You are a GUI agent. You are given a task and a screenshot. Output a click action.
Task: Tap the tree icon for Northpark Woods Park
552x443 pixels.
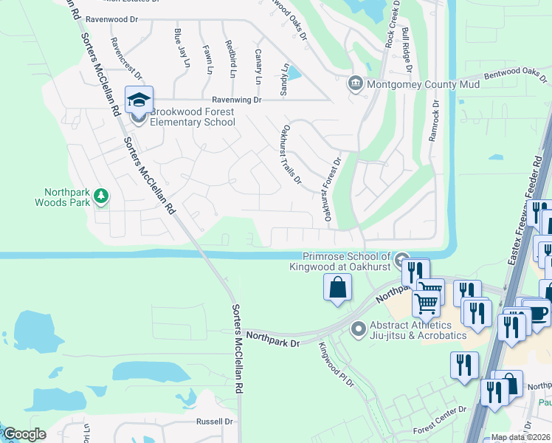pos(101,196)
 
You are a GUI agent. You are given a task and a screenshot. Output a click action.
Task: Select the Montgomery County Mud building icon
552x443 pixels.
pos(356,83)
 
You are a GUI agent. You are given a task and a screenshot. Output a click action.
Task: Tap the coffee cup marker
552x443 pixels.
pos(537,312)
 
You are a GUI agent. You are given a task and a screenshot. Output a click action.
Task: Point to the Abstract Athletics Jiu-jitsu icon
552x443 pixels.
pos(359,329)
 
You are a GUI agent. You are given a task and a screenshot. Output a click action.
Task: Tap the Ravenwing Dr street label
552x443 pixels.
pos(236,99)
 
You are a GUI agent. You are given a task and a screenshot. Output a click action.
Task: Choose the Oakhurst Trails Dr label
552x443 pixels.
pos(289,154)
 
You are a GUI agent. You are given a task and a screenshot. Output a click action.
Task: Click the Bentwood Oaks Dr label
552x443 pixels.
pos(513,74)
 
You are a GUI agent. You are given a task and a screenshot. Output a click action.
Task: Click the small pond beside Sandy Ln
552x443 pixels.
pos(294,73)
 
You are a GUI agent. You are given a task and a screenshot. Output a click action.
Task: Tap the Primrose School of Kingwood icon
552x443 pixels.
pos(401,259)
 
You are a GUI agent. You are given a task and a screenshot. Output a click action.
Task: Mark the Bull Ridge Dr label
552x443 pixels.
pos(407,50)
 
